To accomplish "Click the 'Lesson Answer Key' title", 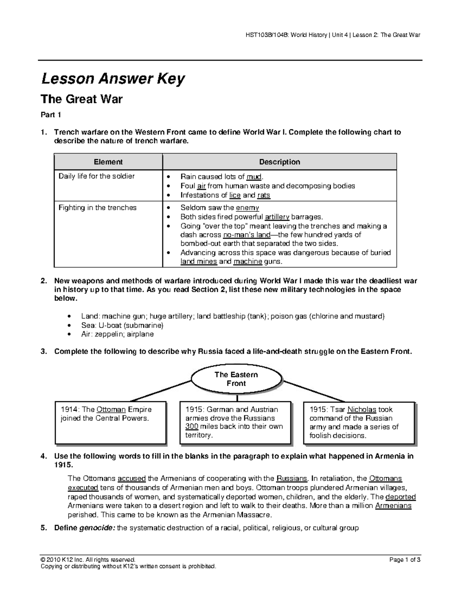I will (x=113, y=79).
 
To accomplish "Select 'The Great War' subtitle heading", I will (x=81, y=99).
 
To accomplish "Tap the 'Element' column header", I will (x=108, y=162).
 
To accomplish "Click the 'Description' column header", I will (x=279, y=162).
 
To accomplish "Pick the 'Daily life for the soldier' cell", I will (x=96, y=176).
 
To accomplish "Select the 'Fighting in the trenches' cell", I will (x=97, y=208).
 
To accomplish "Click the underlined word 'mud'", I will (x=254, y=177).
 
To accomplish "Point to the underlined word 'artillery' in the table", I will (x=274, y=217).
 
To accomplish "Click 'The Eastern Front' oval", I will (x=236, y=379).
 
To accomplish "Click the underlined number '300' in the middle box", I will (x=192, y=426).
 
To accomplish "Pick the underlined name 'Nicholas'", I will (x=362, y=409).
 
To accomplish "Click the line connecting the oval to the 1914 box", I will (x=161, y=390).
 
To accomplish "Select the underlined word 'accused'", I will (x=131, y=479).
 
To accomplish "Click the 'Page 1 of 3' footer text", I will (x=405, y=560).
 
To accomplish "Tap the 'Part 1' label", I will (x=51, y=115).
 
